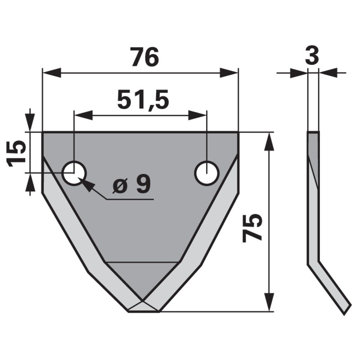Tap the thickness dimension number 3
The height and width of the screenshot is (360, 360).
pos(311,56)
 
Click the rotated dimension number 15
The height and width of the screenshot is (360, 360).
pos(17,153)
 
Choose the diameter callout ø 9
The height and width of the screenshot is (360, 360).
pos(131,184)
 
